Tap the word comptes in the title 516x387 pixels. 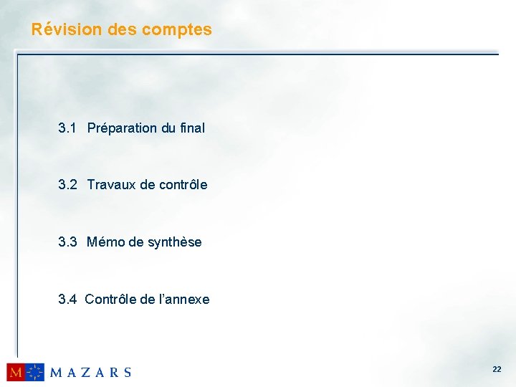(177, 30)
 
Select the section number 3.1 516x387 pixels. (67, 128)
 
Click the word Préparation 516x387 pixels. (122, 128)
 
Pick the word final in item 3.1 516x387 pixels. (193, 128)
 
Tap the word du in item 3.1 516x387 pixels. (168, 128)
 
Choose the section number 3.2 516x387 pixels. (67, 185)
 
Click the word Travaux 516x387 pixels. (112, 185)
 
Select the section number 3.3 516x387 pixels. (67, 242)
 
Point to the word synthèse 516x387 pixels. (174, 242)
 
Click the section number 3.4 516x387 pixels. (67, 300)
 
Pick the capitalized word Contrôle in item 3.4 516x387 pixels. (110, 300)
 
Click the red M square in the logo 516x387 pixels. (16, 372)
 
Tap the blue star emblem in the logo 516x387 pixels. (35, 372)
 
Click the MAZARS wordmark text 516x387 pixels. (90, 372)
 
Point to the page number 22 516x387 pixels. (497, 370)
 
